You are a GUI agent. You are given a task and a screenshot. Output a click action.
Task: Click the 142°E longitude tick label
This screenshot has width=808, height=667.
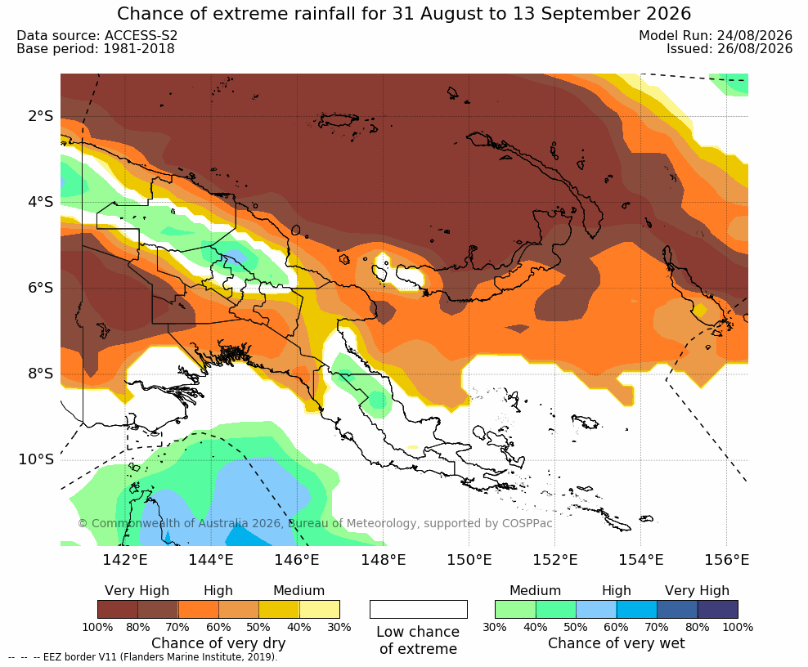click(x=125, y=559)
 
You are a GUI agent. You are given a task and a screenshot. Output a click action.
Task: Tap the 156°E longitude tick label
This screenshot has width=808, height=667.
click(x=726, y=559)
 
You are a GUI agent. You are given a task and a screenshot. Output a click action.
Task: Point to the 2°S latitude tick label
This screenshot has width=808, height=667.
click(x=41, y=116)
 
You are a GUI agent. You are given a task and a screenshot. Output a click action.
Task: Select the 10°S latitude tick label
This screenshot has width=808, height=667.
click(x=36, y=459)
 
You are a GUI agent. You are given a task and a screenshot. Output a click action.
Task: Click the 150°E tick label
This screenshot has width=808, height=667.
click(x=469, y=559)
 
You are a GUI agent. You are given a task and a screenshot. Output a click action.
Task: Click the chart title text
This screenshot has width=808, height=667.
click(x=404, y=13)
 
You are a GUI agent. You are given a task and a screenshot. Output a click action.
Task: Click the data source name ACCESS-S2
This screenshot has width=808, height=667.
click(x=141, y=35)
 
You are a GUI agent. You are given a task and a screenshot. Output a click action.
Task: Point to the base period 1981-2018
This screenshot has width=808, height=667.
click(x=139, y=49)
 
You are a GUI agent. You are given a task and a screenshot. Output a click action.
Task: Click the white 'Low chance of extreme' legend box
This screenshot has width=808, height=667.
click(x=419, y=609)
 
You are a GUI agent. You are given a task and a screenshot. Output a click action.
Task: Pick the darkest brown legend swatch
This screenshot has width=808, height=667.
click(x=118, y=609)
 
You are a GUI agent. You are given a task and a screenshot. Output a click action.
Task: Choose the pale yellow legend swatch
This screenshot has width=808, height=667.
click(x=320, y=609)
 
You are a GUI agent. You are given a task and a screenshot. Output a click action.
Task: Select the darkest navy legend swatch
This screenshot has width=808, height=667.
click(x=718, y=609)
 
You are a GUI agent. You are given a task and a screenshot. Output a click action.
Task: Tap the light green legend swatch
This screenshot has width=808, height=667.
click(x=515, y=609)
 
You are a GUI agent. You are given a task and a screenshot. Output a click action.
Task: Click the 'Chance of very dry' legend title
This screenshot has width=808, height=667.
click(x=218, y=643)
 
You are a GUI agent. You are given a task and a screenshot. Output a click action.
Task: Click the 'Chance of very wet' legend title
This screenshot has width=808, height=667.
click(x=617, y=643)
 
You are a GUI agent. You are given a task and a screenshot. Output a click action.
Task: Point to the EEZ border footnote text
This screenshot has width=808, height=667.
click(x=143, y=657)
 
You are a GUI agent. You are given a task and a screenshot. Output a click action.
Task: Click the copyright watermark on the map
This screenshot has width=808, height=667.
click(x=315, y=523)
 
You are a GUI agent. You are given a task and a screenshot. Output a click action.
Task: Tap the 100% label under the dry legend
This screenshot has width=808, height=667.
click(x=97, y=627)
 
